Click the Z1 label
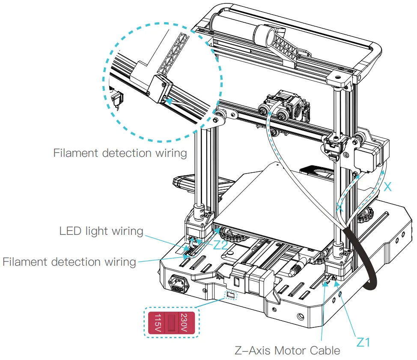[x=363, y=342]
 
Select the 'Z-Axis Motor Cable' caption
[x=288, y=351]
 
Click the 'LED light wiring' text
[x=101, y=231]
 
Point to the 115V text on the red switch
[x=158, y=324]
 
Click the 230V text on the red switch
[x=184, y=324]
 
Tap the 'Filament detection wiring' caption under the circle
[x=120, y=153]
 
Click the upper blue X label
[x=387, y=186]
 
